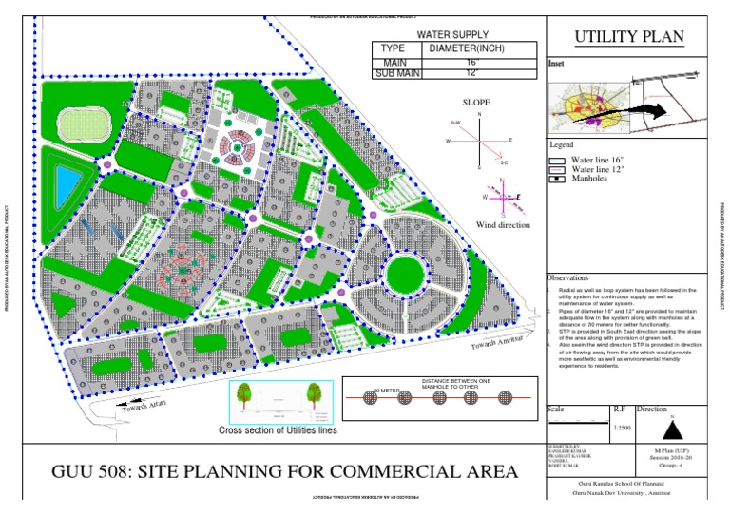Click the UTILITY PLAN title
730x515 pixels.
(x=627, y=38)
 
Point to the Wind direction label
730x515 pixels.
(x=503, y=225)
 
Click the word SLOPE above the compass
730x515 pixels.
(x=478, y=101)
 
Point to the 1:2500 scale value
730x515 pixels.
(x=623, y=429)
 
